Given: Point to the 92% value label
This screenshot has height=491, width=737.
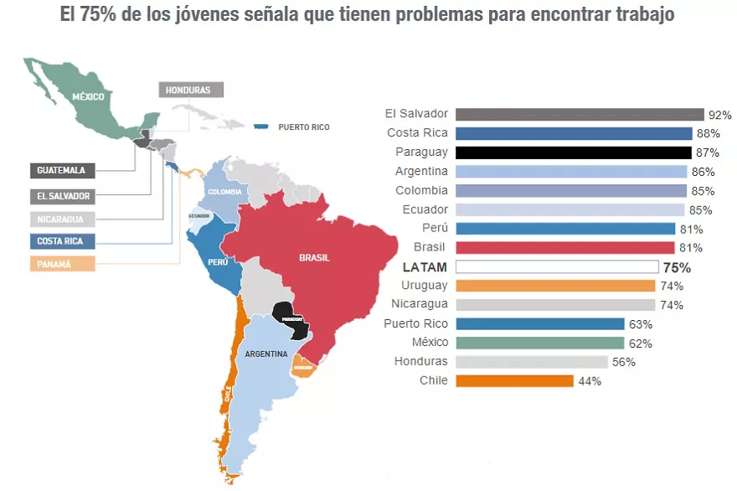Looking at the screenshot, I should click(720, 115).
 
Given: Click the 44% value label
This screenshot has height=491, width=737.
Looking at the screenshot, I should click(590, 381).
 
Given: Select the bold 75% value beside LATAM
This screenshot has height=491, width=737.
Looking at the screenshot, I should click(677, 268).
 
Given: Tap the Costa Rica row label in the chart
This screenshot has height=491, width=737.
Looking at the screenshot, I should click(417, 133).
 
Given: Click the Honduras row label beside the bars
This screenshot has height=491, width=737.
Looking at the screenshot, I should click(421, 362).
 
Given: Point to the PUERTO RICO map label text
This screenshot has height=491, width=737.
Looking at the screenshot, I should click(303, 127).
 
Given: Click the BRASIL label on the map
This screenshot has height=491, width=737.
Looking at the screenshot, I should click(314, 257).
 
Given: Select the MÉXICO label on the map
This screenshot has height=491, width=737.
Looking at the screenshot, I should click(88, 96).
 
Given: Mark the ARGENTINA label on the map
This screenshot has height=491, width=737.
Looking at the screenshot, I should click(266, 354).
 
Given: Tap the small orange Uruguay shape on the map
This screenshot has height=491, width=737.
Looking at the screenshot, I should click(302, 365).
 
